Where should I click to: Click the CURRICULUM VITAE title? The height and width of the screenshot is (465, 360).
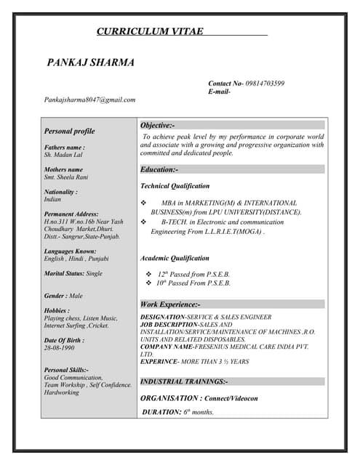[151, 31]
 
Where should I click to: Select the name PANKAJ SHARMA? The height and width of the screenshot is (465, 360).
[91, 62]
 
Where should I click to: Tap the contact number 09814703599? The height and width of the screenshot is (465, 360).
[265, 84]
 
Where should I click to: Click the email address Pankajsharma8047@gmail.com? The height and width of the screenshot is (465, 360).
[89, 100]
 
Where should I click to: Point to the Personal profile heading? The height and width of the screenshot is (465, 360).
[70, 132]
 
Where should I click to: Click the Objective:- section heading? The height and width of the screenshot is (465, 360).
[158, 126]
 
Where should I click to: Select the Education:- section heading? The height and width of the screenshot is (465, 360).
[159, 169]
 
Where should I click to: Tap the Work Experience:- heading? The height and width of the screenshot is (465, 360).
[170, 304]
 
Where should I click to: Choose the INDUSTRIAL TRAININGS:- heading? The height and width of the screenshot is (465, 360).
[184, 381]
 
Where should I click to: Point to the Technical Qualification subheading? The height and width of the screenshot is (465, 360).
[175, 186]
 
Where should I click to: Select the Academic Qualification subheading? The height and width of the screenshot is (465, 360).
[175, 258]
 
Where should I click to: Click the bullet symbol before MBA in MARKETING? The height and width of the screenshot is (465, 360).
[143, 203]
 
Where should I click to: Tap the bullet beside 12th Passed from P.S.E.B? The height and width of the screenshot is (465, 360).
[149, 274]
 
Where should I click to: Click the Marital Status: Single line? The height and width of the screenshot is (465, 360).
[73, 273]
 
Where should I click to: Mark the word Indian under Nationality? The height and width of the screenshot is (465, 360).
[52, 199]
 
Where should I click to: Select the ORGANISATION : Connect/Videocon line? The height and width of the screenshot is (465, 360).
[199, 398]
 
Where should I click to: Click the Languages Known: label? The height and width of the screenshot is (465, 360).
[70, 251]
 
